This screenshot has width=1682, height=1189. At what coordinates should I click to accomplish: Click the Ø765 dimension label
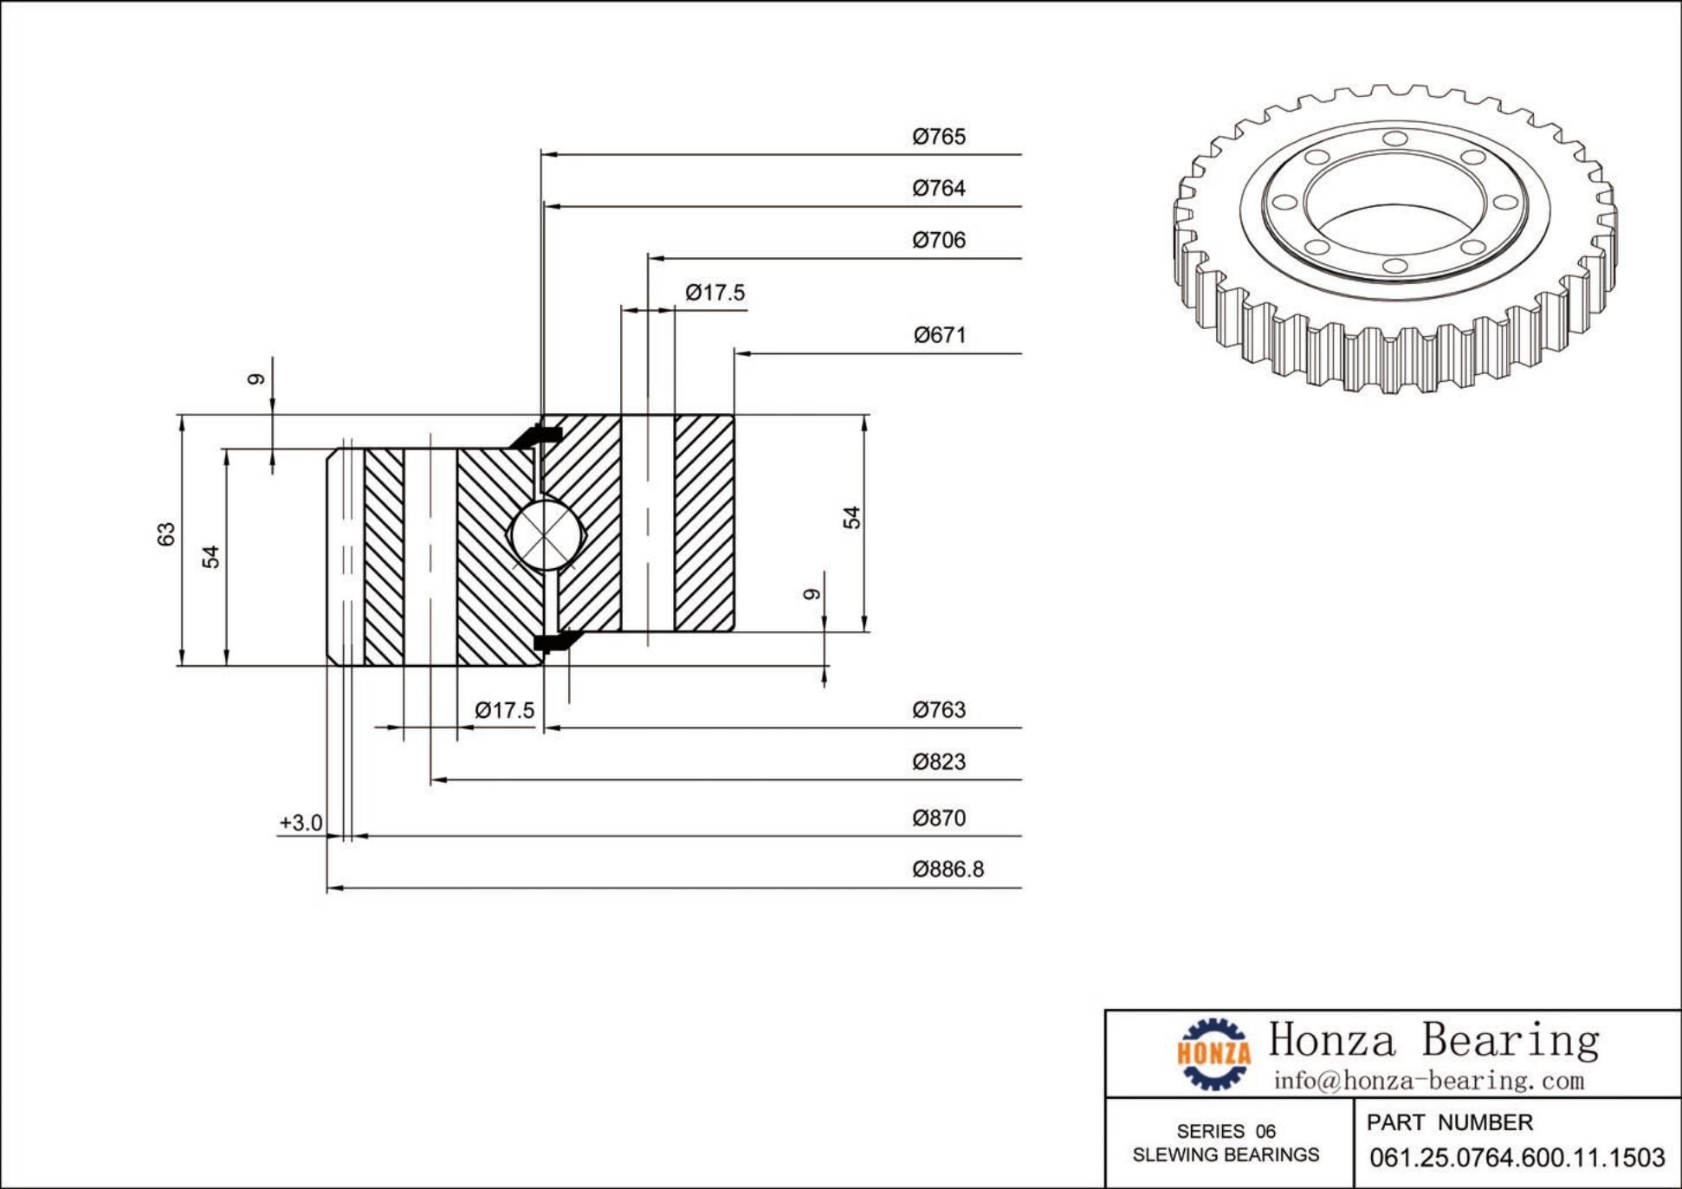(x=938, y=137)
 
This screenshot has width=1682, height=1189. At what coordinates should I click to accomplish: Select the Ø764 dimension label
(x=938, y=188)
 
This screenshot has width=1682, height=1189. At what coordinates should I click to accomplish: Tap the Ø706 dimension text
(x=938, y=240)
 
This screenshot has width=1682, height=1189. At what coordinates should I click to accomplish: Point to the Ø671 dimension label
(x=939, y=335)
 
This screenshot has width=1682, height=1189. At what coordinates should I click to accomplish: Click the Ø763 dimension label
(x=938, y=710)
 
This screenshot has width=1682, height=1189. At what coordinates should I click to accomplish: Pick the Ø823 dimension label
(x=938, y=762)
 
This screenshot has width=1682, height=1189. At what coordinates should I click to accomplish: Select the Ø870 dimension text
(x=938, y=818)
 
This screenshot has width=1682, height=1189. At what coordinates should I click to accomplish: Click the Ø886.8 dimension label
(x=948, y=869)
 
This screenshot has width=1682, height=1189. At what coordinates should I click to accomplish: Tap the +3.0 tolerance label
(x=301, y=823)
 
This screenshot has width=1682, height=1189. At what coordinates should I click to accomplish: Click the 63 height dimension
(x=166, y=534)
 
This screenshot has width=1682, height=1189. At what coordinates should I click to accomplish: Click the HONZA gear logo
(x=1213, y=1053)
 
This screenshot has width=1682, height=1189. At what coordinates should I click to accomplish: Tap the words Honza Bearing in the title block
(x=1433, y=1040)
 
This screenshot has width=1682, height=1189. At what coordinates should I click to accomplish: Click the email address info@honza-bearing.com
(x=1428, y=1081)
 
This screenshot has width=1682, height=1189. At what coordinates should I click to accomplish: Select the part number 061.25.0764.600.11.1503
(x=1517, y=1158)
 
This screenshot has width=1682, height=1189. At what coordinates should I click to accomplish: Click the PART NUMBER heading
(x=1449, y=1123)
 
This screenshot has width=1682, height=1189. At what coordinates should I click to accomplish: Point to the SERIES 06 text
(x=1226, y=1131)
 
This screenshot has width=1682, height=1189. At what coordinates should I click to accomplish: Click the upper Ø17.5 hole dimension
(x=715, y=293)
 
